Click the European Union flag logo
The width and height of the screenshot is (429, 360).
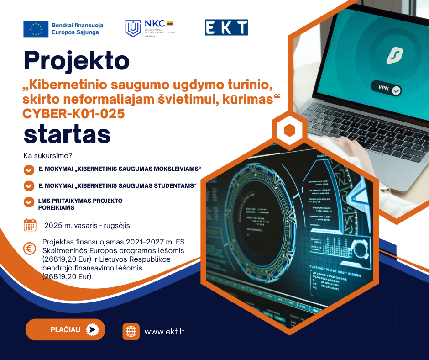point(36,29)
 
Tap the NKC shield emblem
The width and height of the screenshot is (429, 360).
point(133,28)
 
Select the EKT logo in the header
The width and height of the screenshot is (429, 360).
point(226,27)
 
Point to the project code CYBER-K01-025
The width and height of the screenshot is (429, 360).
point(73,113)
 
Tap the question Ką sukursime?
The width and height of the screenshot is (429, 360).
point(48,156)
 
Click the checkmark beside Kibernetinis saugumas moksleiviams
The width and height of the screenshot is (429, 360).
point(29,170)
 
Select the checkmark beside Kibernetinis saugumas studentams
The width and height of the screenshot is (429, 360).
point(29,186)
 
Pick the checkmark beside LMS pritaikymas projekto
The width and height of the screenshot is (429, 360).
point(29,202)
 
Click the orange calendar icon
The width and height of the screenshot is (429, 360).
point(30,225)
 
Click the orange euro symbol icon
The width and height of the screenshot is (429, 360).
point(30,249)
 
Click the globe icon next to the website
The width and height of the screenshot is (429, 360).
point(131,332)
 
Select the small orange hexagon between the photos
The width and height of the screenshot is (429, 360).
point(289,130)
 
